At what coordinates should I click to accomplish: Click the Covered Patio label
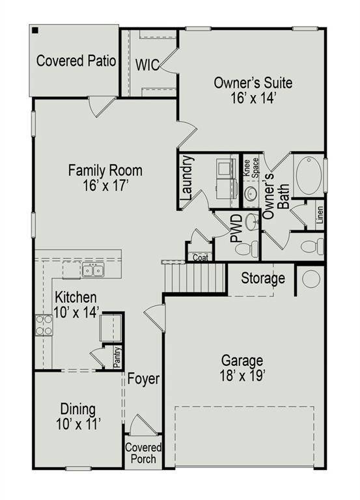coord(76,61)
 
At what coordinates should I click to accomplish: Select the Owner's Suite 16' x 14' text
coord(253,90)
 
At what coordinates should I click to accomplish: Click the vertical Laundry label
coord(186,178)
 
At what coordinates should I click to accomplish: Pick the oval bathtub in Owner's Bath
coord(309,175)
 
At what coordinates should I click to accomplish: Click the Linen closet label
coord(319,214)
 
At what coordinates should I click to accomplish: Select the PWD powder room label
coord(237,228)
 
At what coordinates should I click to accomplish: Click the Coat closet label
coord(200,257)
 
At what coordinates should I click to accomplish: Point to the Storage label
coord(263,279)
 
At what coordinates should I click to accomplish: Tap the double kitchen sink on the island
coord(92,270)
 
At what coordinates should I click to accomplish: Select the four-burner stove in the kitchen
coord(44,324)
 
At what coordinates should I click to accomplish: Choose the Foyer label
coord(143,378)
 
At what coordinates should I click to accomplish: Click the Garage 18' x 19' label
coord(242,367)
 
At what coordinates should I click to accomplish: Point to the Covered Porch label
coord(143,453)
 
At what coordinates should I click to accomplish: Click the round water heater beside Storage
coord(311,279)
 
